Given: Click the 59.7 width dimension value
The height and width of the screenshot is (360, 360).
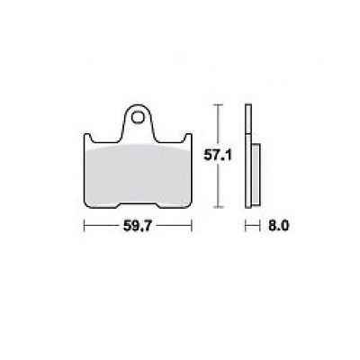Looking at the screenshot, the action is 137,226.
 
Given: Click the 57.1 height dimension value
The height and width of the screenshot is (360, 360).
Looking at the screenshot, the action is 218,156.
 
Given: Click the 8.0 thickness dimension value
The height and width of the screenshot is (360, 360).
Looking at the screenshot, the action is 278,226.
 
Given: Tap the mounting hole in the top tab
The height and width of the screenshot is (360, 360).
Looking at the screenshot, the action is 138,117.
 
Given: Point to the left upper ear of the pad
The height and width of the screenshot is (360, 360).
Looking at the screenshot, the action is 87,139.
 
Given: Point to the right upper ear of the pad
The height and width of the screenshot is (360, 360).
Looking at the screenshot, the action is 188,139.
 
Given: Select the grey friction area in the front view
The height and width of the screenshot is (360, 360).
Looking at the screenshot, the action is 138,175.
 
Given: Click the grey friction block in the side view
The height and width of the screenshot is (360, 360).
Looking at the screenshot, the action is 255,175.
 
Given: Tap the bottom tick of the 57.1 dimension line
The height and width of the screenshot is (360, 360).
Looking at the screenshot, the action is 220,207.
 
